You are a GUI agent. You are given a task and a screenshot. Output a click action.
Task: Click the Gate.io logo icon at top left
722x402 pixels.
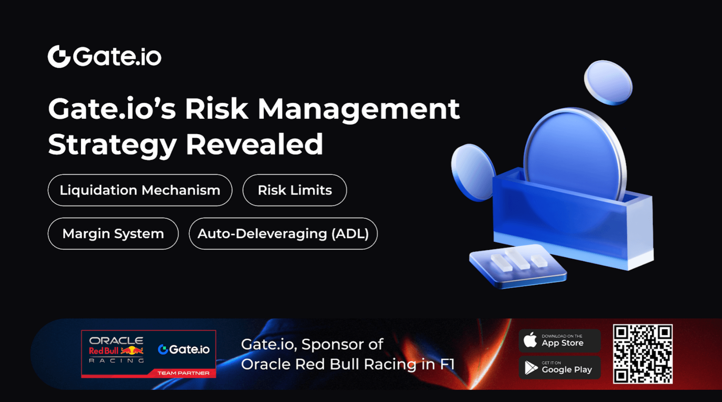click(x=59, y=56)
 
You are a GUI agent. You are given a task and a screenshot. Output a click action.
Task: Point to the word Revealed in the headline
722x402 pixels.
click(x=254, y=144)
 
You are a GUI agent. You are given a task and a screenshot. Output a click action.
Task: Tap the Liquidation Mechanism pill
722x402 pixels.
click(x=140, y=190)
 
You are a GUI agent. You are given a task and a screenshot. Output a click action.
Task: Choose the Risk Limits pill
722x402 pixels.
click(x=295, y=190)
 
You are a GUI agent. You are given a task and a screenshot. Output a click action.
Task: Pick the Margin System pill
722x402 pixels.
click(x=113, y=233)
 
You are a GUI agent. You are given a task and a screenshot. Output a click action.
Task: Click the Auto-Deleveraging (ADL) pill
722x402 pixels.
click(x=283, y=233)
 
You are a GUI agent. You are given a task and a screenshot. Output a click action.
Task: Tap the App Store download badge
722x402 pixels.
click(x=560, y=340)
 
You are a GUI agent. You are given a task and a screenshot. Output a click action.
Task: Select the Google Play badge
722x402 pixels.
click(x=560, y=368)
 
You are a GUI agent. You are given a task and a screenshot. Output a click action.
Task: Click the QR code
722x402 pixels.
click(x=643, y=354)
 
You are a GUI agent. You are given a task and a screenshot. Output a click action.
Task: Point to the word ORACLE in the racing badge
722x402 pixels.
click(x=116, y=341)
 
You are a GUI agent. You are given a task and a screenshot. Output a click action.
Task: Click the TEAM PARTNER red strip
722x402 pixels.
click(x=183, y=373)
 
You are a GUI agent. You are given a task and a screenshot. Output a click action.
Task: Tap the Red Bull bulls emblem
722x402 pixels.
click(x=132, y=351)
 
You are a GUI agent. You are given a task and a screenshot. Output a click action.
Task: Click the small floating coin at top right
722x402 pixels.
click(x=608, y=83)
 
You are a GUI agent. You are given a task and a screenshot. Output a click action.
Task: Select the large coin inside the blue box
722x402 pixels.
click(x=575, y=154)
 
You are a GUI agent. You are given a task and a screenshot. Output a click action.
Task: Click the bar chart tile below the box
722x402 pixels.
click(x=518, y=266)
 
